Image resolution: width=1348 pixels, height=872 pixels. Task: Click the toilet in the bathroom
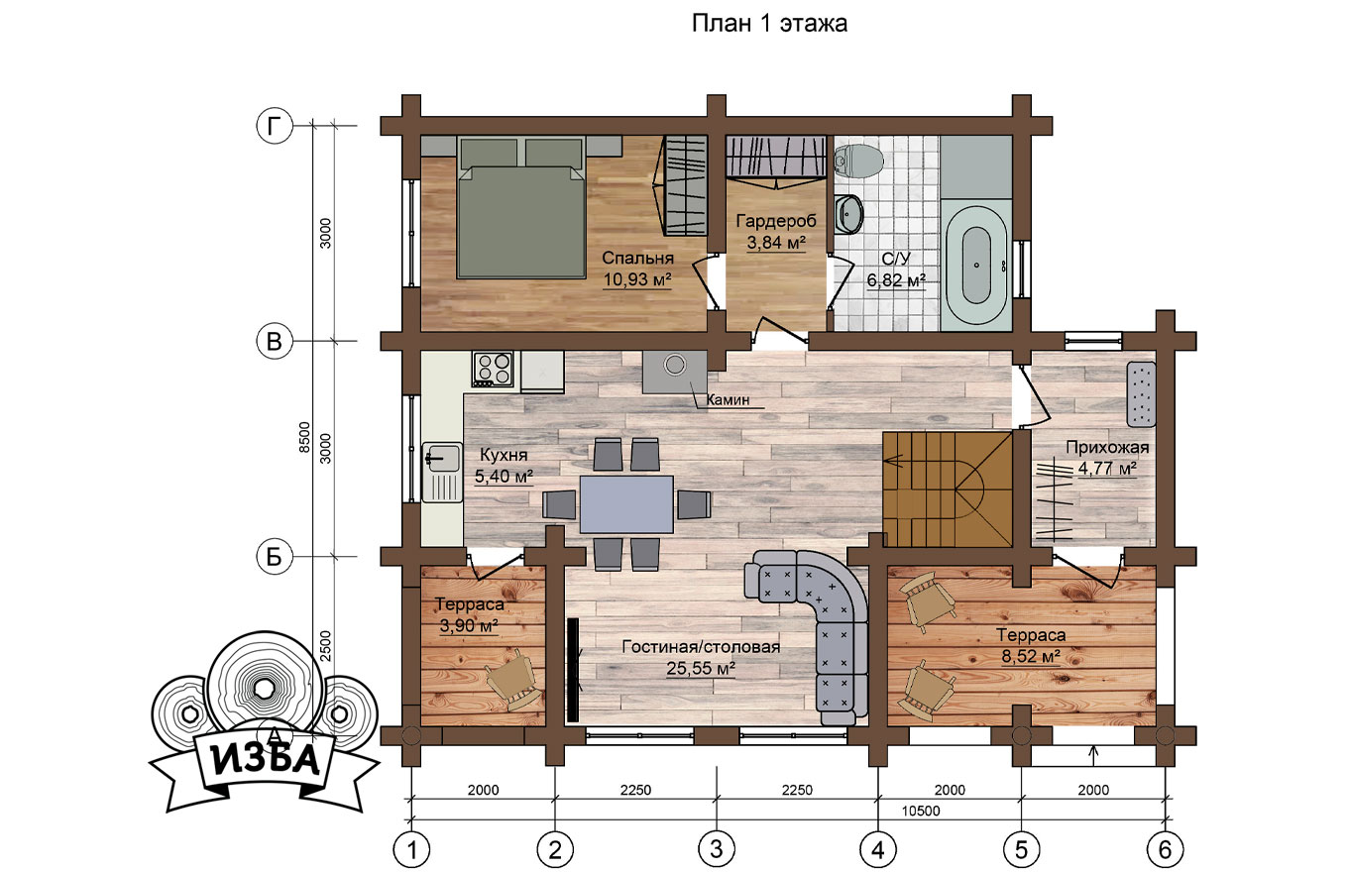click(858, 160)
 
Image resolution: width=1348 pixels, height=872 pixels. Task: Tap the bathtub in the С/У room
click(975, 266)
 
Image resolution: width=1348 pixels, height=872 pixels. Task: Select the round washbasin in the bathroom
click(849, 214)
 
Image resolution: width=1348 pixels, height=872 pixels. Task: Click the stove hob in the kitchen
click(493, 369)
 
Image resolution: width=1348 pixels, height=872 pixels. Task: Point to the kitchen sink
click(442, 473)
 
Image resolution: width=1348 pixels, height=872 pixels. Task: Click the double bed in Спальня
click(521, 207)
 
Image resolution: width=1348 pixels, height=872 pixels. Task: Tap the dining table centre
click(626, 504)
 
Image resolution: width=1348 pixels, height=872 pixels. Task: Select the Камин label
click(728, 399)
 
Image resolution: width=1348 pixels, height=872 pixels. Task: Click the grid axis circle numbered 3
click(716, 849)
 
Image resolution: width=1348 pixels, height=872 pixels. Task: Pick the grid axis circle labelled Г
click(275, 127)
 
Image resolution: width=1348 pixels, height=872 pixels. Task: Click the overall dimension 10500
click(921, 811)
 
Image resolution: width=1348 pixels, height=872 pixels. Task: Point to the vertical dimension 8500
click(304, 438)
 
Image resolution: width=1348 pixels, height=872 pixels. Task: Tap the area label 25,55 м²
click(701, 669)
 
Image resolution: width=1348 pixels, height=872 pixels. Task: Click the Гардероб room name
click(776, 221)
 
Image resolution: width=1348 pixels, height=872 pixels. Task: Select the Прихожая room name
click(1107, 448)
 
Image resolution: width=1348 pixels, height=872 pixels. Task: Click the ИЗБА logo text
click(266, 760)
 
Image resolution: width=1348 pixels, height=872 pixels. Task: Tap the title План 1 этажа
click(770, 24)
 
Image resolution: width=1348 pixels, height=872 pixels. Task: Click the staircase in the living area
click(948, 489)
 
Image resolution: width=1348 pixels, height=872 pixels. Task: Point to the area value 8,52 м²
click(1031, 656)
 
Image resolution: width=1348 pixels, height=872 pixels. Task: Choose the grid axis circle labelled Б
click(275, 557)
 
